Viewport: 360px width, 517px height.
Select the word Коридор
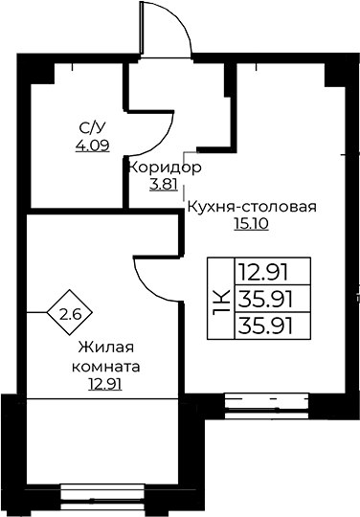pyautogui.click(x=164, y=167)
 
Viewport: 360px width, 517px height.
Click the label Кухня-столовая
pyautogui.click(x=251, y=206)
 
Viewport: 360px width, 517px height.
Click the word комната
pyautogui.click(x=105, y=366)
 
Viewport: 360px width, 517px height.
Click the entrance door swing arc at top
pyautogui.click(x=174, y=29)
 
